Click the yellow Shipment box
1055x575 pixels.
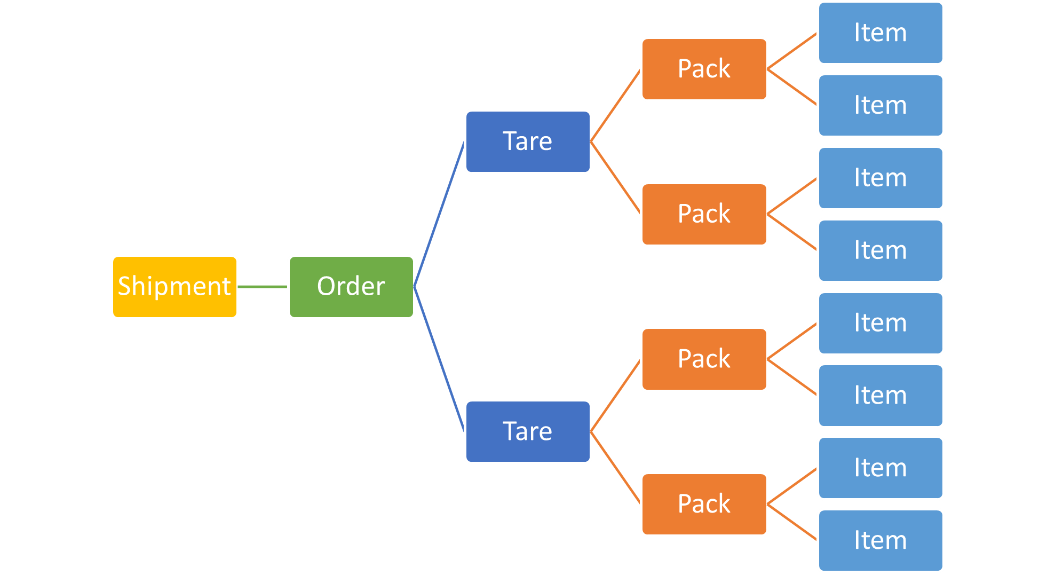174,287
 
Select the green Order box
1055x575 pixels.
351,287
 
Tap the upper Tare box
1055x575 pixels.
528,141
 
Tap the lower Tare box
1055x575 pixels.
528,431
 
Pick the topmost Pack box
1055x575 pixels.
704,69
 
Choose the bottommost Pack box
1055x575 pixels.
704,504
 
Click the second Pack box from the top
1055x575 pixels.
704,214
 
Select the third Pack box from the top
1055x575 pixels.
704,359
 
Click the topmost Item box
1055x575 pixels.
881,33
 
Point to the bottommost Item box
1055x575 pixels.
881,540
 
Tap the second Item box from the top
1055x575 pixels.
881,105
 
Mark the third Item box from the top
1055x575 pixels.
881,178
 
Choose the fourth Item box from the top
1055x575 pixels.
881,250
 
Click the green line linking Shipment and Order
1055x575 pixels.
263,287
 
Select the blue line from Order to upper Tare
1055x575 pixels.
439,214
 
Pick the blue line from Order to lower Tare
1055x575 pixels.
439,359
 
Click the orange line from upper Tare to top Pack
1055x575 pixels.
616,105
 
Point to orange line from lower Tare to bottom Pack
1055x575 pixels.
616,468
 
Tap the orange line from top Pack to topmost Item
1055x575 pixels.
792,51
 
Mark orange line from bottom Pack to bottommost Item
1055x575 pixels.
792,522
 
